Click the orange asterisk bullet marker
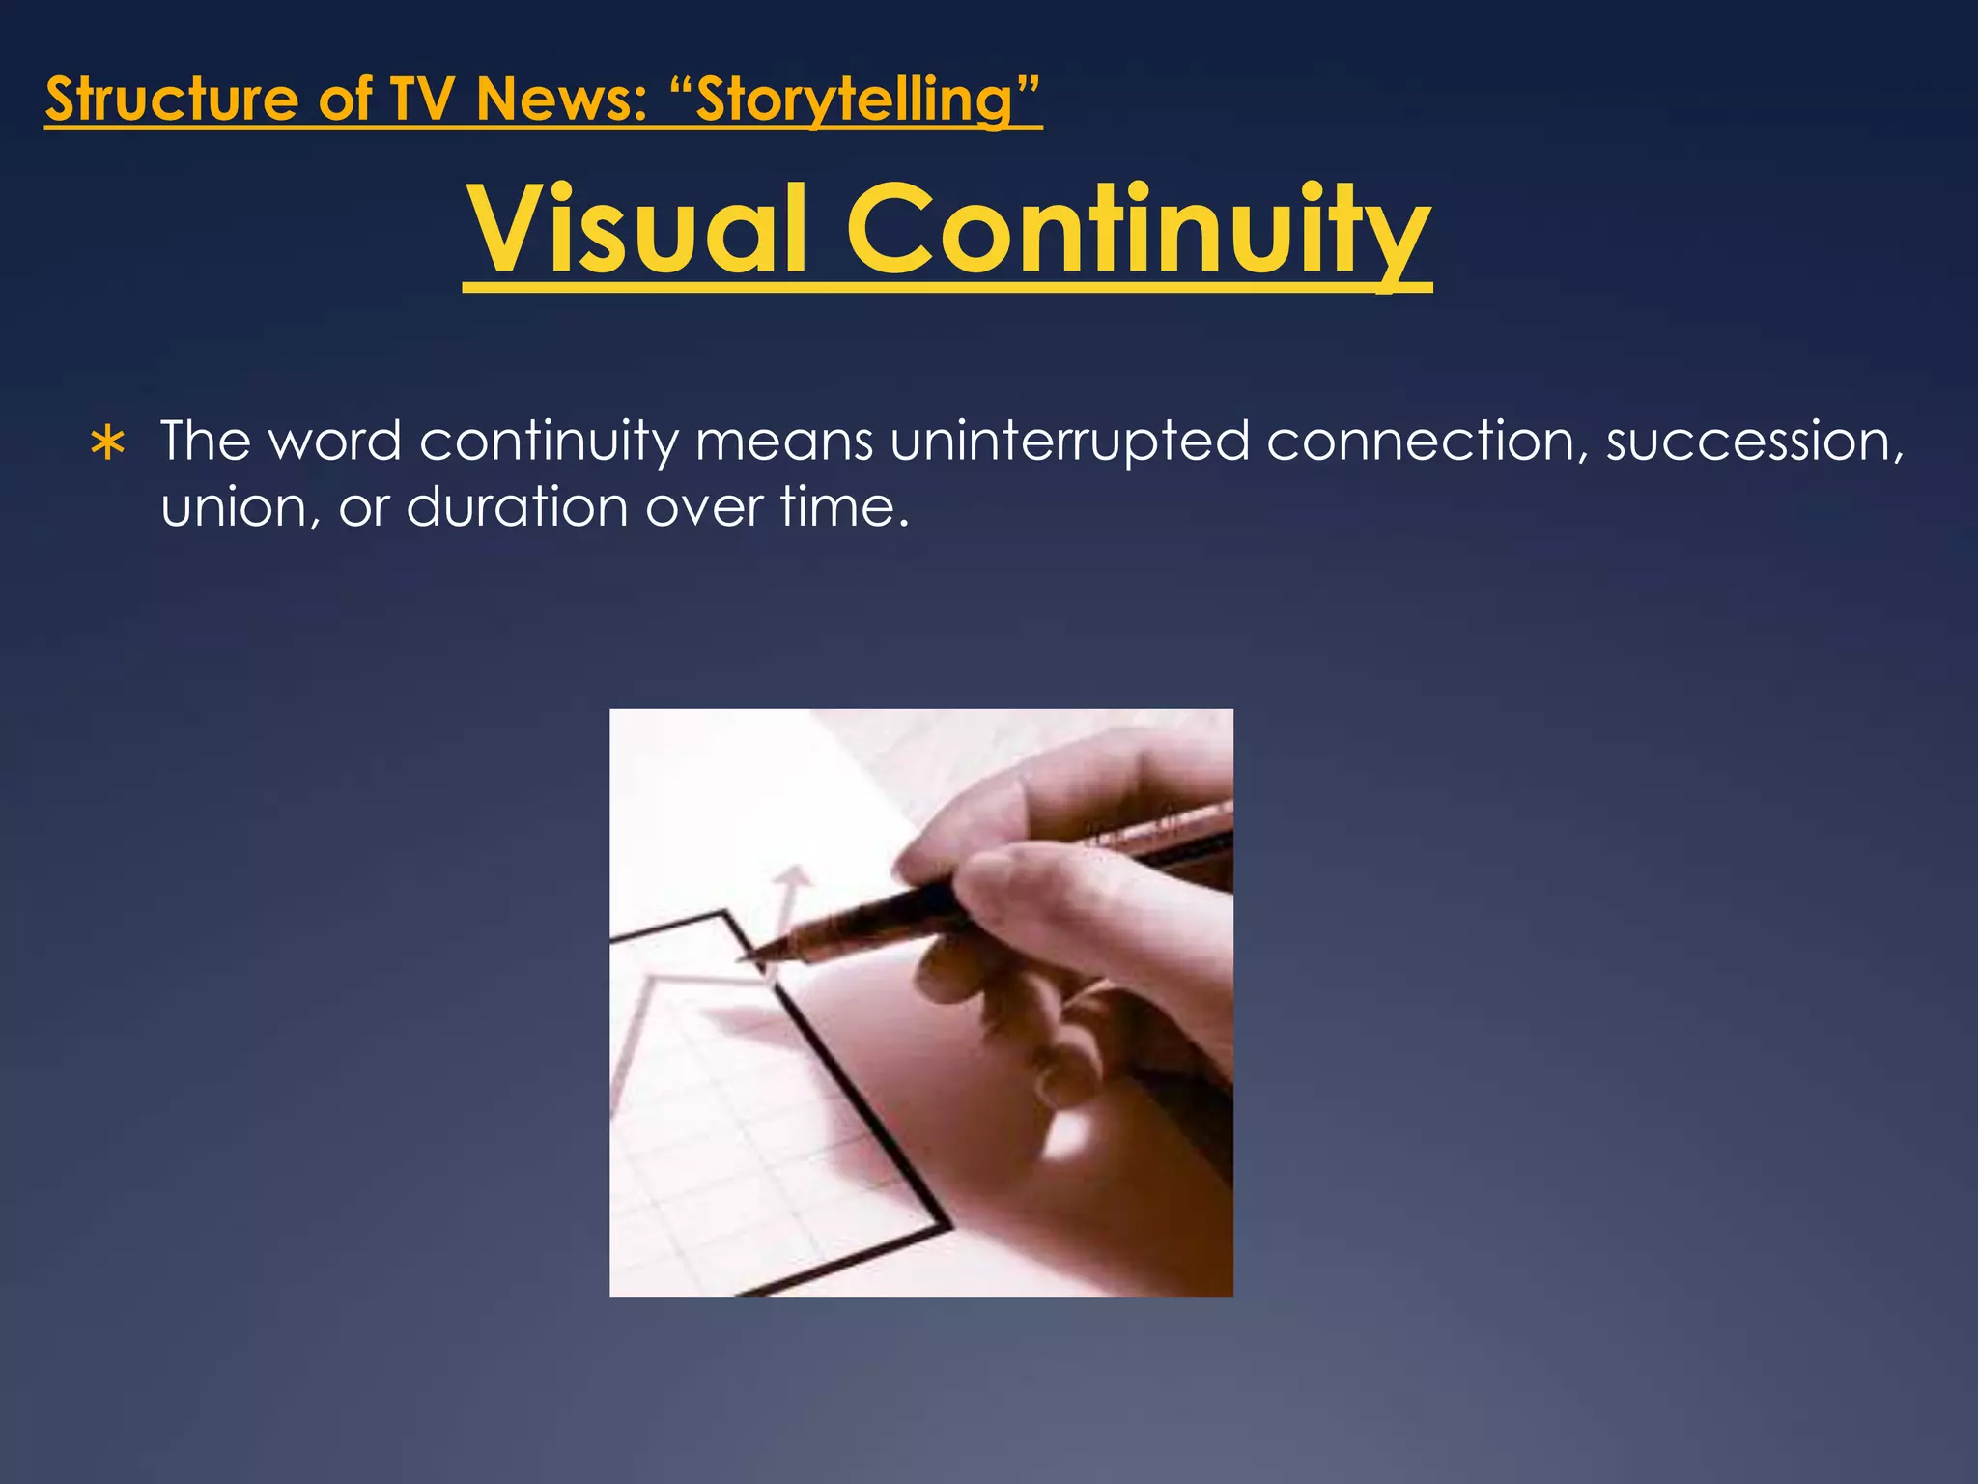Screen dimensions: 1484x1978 point(107,444)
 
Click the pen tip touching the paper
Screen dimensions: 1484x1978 point(749,957)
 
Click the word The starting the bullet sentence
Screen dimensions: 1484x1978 point(205,442)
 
